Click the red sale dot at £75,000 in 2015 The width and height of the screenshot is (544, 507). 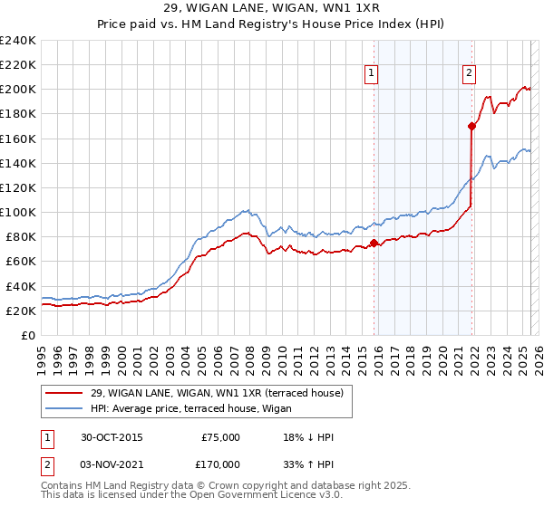point(374,243)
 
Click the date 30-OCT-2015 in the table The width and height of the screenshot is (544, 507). point(112,437)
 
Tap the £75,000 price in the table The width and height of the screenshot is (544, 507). point(221,437)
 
